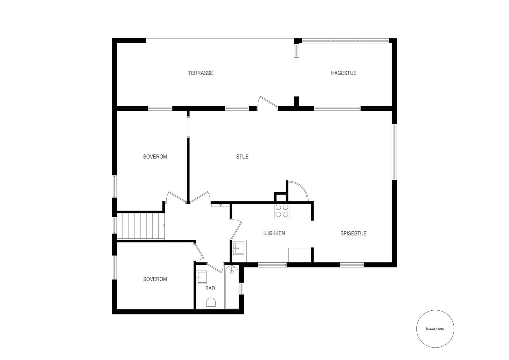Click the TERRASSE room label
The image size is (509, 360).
tap(200, 73)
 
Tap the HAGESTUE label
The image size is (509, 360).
tap(344, 73)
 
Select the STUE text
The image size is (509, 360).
tap(242, 157)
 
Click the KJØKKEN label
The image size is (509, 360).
tap(274, 233)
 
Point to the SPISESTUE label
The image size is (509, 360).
tap(353, 233)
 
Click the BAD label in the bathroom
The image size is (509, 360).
tap(210, 288)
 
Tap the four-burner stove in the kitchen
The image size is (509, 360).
tap(282, 211)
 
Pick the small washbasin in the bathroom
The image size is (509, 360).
tap(201, 277)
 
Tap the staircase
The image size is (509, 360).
tap(141, 226)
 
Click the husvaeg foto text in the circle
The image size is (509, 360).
tap(435, 329)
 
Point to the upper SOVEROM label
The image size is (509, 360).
tap(155, 157)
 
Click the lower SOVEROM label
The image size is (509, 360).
tap(155, 279)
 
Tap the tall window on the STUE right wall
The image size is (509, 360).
tap(394, 152)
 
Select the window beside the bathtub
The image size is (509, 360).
tap(241, 288)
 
